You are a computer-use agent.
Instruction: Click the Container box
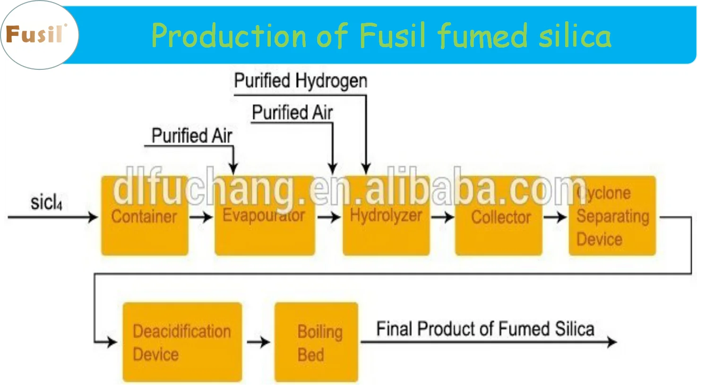click(x=145, y=216)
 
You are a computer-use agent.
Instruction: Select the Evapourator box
click(x=265, y=216)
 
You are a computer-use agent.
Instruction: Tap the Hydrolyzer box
click(x=386, y=216)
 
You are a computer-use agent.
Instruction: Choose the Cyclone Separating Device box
click(x=612, y=216)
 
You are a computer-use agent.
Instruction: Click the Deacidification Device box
click(x=182, y=342)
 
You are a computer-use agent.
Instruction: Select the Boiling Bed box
click(x=316, y=342)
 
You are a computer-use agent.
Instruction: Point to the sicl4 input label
click(x=46, y=202)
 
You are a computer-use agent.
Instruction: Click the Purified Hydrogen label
click(x=301, y=81)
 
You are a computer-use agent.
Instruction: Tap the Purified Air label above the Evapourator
click(x=192, y=136)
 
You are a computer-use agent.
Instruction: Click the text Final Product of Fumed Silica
click(x=485, y=329)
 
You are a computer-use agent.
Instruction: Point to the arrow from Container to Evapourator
click(x=202, y=217)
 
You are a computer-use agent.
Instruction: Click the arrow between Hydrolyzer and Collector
click(x=442, y=217)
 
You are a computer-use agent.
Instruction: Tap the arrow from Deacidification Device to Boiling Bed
click(x=258, y=342)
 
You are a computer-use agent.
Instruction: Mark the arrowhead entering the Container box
click(x=93, y=217)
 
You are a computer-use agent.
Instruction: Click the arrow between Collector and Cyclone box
click(x=555, y=217)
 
